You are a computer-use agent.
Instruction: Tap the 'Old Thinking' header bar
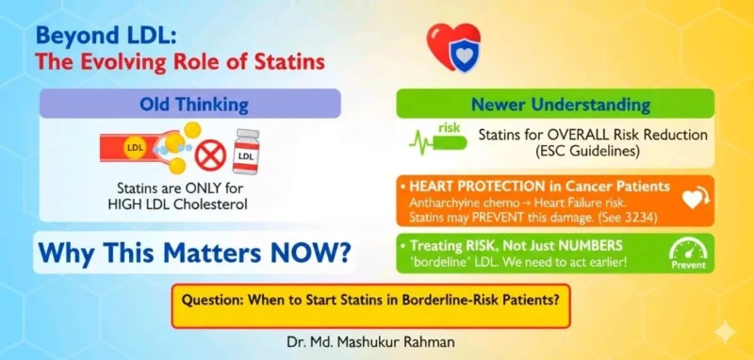tap(190, 103)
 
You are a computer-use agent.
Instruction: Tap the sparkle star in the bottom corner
tap(725, 333)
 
